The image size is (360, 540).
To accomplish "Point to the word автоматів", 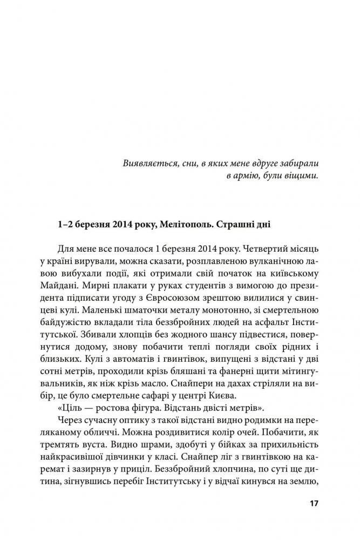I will point(105,353).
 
